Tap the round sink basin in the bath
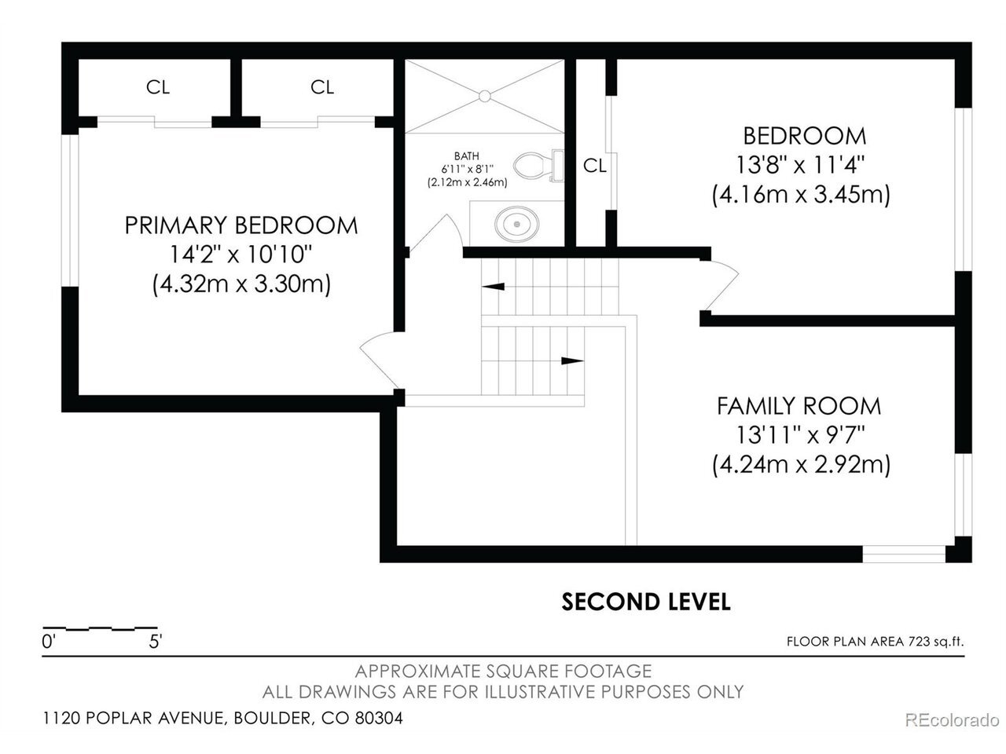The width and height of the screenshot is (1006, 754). pyautogui.click(x=516, y=224)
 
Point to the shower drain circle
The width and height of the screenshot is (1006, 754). pyautogui.click(x=484, y=96)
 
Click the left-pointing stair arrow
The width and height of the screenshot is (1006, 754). pyautogui.click(x=493, y=287)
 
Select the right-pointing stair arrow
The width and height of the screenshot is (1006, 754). pyautogui.click(x=572, y=361)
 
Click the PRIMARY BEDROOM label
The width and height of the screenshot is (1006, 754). pyautogui.click(x=241, y=225)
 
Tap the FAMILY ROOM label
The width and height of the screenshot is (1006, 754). pyautogui.click(x=799, y=406)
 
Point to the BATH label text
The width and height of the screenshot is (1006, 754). pyautogui.click(x=467, y=156)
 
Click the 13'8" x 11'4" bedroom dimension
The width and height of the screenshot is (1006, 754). pyautogui.click(x=800, y=165)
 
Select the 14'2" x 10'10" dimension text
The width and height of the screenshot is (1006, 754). pyautogui.click(x=241, y=254)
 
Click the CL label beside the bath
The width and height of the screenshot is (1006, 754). pyautogui.click(x=595, y=166)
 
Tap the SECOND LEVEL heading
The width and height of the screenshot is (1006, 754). pyautogui.click(x=646, y=602)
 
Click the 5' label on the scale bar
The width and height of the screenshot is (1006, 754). pyautogui.click(x=156, y=642)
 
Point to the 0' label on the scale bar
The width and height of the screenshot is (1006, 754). pyautogui.click(x=48, y=642)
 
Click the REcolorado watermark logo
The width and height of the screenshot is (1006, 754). pyautogui.click(x=953, y=720)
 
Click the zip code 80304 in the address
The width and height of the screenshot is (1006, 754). pyautogui.click(x=379, y=718)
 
